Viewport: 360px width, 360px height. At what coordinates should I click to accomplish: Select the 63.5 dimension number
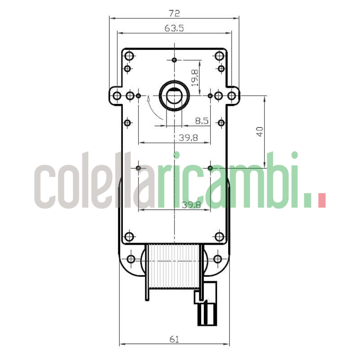pyautogui.click(x=174, y=28)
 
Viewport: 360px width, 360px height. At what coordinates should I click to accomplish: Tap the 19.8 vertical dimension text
pyautogui.click(x=194, y=78)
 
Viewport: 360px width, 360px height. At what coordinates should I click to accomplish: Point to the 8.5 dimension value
pyautogui.click(x=201, y=121)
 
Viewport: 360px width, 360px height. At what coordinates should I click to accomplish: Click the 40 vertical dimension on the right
pyautogui.click(x=259, y=131)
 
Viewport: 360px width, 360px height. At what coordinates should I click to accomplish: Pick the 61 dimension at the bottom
pyautogui.click(x=175, y=339)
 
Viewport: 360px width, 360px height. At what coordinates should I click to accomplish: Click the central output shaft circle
pyautogui.click(x=174, y=95)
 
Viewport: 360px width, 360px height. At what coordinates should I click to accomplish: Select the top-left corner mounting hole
pyautogui.click(x=129, y=56)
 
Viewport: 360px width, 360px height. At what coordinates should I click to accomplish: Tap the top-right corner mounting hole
pyautogui.click(x=220, y=56)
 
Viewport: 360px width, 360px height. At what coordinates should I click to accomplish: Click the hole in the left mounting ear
pyautogui.click(x=117, y=95)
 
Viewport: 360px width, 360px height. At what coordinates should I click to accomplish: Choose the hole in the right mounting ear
pyautogui.click(x=231, y=95)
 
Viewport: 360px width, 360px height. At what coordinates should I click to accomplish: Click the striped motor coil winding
pyautogui.click(x=174, y=266)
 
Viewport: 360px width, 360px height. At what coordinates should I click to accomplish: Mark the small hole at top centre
pyautogui.click(x=174, y=60)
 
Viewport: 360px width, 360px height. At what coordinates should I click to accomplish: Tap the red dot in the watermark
pyautogui.click(x=321, y=200)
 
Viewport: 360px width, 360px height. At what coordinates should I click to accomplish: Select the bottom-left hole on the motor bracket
pyautogui.click(x=131, y=259)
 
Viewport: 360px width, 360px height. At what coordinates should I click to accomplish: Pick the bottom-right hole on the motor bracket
pyautogui.click(x=217, y=259)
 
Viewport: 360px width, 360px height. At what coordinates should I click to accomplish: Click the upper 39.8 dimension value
pyautogui.click(x=188, y=138)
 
